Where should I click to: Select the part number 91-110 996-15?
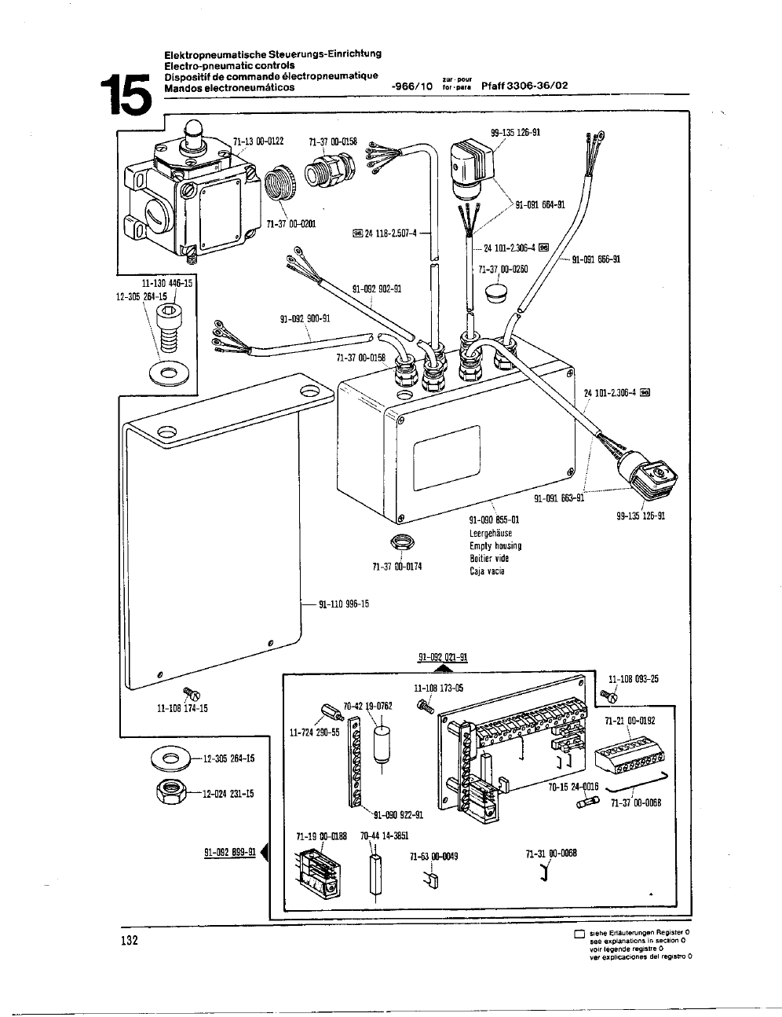click(344, 604)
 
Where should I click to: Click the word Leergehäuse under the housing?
click(491, 533)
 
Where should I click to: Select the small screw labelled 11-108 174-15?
click(192, 693)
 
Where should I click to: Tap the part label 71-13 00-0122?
click(258, 141)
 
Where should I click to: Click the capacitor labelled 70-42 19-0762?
click(382, 742)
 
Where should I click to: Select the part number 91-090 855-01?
click(495, 520)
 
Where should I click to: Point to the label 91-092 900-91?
click(305, 318)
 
